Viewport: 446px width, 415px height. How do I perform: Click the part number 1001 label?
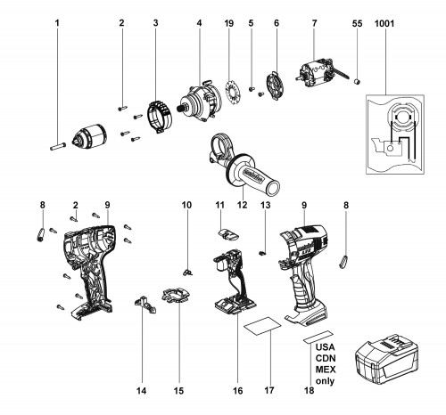[x=384, y=23]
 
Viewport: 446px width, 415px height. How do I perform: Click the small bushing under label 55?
[x=358, y=81]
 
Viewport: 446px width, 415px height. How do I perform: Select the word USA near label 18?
[x=325, y=347]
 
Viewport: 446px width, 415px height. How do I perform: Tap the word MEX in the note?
[x=326, y=370]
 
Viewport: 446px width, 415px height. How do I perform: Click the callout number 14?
[x=142, y=391]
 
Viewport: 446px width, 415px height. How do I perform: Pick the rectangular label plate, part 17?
[x=262, y=326]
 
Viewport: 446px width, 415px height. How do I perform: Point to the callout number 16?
[x=238, y=391]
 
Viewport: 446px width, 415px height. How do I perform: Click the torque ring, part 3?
[x=161, y=117]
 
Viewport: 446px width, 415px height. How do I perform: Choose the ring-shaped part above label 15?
[x=176, y=295]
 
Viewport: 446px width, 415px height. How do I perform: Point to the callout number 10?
[x=186, y=205]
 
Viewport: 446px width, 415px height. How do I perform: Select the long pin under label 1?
[x=58, y=147]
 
